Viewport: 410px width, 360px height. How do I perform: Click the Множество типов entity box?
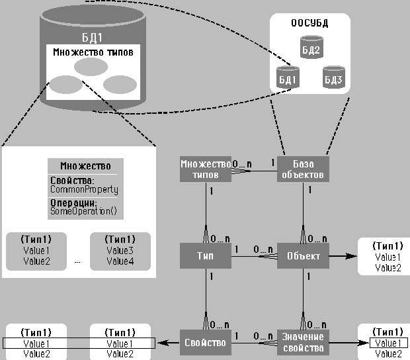(206, 169)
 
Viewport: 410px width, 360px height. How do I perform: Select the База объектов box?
(302, 169)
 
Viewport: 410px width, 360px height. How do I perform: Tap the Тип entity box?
(206, 255)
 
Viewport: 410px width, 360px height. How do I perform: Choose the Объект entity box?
(302, 255)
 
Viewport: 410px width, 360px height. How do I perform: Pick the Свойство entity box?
(206, 342)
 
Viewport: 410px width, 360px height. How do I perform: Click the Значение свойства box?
(302, 342)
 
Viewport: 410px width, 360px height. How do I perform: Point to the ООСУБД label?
(310, 24)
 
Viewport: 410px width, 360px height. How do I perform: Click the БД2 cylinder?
(310, 49)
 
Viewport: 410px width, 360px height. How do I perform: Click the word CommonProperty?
(84, 190)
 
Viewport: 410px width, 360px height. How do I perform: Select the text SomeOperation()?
(83, 211)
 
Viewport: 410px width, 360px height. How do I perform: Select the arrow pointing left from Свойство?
(169, 343)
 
